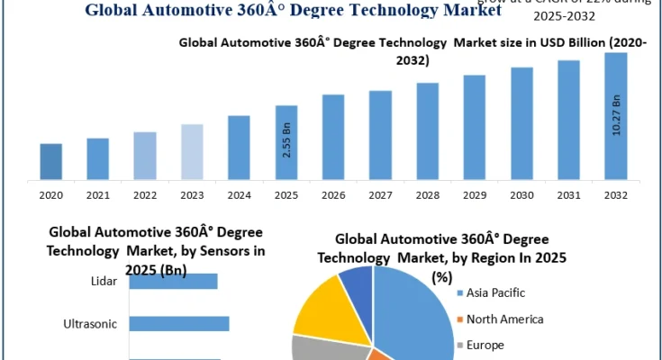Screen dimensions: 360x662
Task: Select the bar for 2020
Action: pos(51,161)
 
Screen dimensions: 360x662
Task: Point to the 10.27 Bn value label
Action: pos(616,116)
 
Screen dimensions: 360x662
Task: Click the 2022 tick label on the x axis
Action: pos(145,193)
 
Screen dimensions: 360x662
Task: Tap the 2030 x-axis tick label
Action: pos(521,193)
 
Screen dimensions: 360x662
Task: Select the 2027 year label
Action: pos(380,193)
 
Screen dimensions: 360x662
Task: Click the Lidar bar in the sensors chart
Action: pos(173,282)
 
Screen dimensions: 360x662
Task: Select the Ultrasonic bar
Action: pos(178,323)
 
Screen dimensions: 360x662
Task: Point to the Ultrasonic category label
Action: pos(90,323)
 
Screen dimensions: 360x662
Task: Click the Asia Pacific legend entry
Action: pos(495,292)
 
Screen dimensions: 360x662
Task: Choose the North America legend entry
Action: pos(503,319)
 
